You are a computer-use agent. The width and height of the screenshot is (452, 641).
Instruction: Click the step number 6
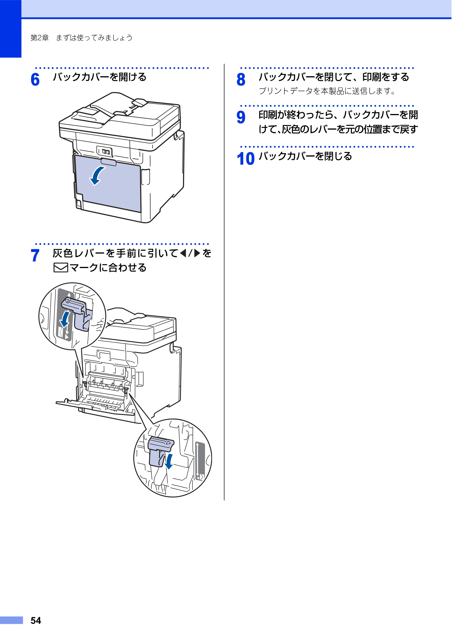click(35, 79)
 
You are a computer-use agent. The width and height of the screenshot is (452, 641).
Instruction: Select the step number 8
click(241, 79)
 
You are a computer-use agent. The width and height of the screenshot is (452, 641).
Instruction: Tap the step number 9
click(241, 117)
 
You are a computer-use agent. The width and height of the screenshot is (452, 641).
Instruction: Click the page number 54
click(36, 621)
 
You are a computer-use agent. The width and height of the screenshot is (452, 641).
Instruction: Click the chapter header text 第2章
click(40, 38)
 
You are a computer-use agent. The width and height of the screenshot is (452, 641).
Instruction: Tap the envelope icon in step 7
click(61, 268)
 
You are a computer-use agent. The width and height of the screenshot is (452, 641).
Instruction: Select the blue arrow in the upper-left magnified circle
click(65, 319)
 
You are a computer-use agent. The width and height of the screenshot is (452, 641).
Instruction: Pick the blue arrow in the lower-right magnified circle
click(169, 461)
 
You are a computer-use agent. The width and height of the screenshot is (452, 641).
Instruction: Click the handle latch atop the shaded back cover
click(108, 162)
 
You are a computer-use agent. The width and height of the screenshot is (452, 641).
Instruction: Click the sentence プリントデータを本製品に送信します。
click(327, 91)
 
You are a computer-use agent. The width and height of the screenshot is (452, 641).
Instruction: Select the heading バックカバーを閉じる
click(305, 156)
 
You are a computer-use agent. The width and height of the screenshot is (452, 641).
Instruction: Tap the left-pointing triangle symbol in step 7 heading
click(183, 253)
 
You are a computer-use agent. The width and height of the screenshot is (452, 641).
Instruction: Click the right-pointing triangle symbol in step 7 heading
click(197, 253)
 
